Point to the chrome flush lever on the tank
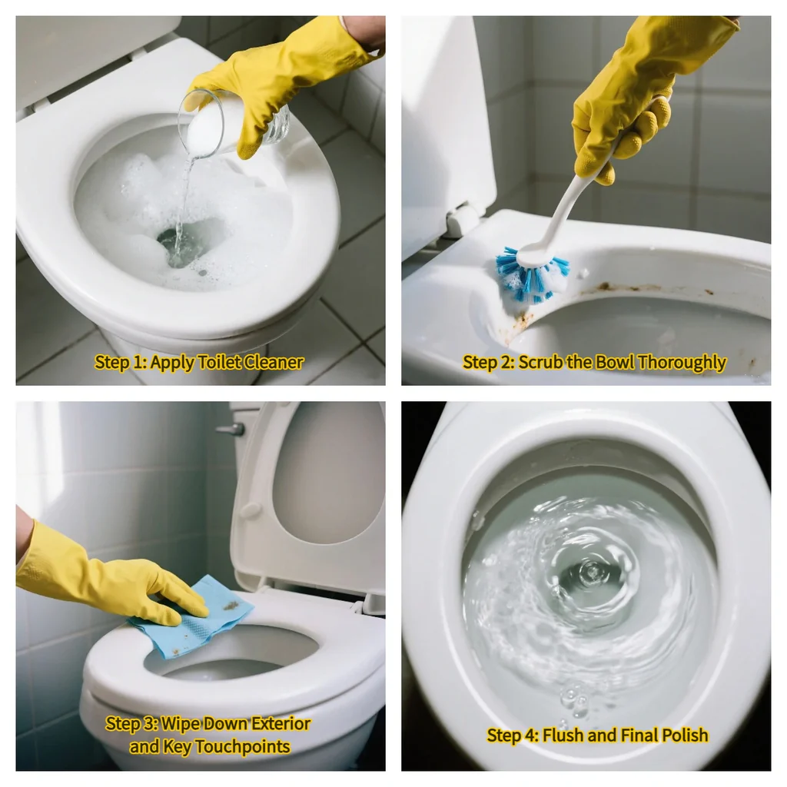tap(230, 429)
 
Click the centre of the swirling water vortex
tap(590, 573)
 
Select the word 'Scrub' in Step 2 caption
tap(540, 362)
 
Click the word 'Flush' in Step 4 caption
tap(567, 736)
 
